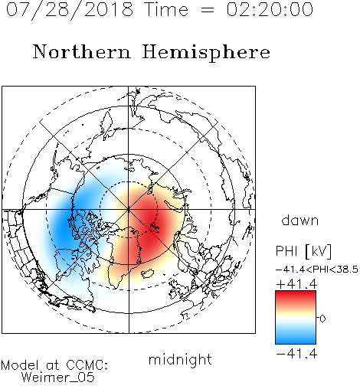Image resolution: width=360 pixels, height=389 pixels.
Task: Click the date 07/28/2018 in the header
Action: point(70,10)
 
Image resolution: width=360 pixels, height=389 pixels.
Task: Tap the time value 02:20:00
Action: point(270,9)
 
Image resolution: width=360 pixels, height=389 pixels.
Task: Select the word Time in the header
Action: point(166,10)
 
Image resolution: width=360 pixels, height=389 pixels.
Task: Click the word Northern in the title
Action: point(82,51)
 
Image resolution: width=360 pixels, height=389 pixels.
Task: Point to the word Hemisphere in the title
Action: point(206,53)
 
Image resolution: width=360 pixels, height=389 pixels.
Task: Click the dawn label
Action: point(299,220)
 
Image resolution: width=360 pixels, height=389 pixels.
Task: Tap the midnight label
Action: point(180,359)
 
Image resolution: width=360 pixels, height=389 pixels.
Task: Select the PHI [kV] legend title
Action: point(303,251)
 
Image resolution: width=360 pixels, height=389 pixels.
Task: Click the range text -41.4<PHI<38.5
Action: point(317,270)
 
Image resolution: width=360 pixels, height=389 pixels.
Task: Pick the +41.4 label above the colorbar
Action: point(296,284)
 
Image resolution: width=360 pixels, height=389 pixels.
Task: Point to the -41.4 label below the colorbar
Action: point(296,354)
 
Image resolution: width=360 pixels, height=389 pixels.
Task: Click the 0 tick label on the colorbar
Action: point(322,319)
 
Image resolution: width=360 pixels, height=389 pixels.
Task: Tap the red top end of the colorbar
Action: point(296,293)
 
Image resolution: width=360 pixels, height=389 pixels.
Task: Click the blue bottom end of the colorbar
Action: point(296,342)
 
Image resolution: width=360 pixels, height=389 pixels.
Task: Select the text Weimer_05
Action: point(58,377)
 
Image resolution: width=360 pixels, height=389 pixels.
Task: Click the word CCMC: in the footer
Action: point(87,365)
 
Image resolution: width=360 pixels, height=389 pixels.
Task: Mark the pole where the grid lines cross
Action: point(129,210)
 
